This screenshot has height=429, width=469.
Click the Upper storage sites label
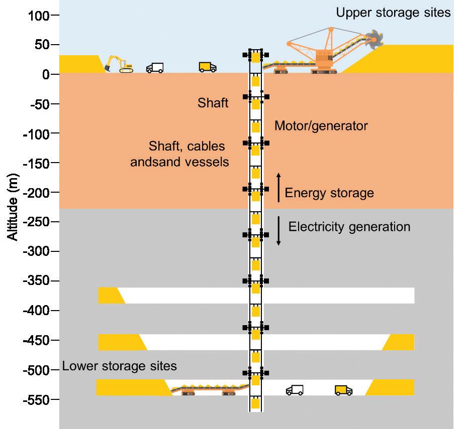pyautogui.click(x=393, y=13)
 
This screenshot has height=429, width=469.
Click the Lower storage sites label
pyautogui.click(x=120, y=366)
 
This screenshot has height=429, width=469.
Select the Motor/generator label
pyautogui.click(x=321, y=125)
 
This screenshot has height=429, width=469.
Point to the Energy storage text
pyautogui.click(x=329, y=193)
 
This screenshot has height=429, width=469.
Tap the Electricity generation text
pyautogui.click(x=349, y=226)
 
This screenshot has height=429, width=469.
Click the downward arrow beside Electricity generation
pyautogui.click(x=278, y=231)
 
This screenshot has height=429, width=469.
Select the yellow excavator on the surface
pyautogui.click(x=119, y=64)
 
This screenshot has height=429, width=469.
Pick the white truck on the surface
pyautogui.click(x=155, y=68)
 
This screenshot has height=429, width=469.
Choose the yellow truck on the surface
pyautogui.click(x=207, y=67)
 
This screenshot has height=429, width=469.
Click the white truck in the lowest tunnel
pyautogui.click(x=295, y=390)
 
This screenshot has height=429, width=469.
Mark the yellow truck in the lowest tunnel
pyautogui.click(x=343, y=390)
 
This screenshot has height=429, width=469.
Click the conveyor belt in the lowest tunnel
pyautogui.click(x=209, y=389)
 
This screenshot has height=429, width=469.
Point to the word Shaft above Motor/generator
pyautogui.click(x=213, y=103)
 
